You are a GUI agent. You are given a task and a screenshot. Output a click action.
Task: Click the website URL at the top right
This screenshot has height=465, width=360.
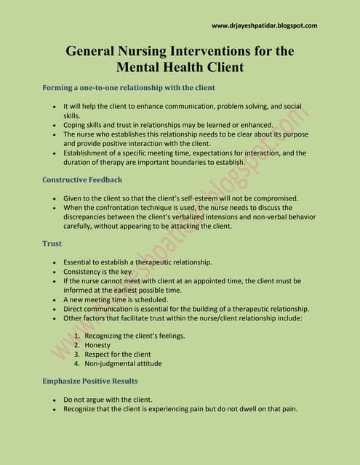tap(264, 25)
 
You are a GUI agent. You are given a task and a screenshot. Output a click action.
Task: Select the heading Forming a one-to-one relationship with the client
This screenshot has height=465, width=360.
tap(129, 88)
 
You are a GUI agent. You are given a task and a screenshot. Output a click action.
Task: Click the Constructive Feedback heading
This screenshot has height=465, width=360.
tap(82, 179)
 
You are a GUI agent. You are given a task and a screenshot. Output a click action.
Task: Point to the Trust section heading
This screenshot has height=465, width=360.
tap(52, 244)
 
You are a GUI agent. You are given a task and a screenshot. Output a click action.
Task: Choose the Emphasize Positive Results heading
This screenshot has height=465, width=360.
tap(89, 381)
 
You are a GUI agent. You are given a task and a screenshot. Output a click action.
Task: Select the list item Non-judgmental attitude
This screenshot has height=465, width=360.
tap(123, 363)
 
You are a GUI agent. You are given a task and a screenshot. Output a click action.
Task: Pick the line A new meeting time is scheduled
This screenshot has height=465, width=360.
tap(114, 299)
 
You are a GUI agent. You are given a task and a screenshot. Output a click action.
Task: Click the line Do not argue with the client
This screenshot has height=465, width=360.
tap(108, 400)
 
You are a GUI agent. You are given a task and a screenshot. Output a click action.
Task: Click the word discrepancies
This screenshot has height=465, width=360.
tap(89, 217)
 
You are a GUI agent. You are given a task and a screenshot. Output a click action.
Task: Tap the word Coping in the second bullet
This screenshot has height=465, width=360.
tap(75, 125)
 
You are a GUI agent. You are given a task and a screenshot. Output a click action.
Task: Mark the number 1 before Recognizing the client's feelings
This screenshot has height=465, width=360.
tap(76, 336)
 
